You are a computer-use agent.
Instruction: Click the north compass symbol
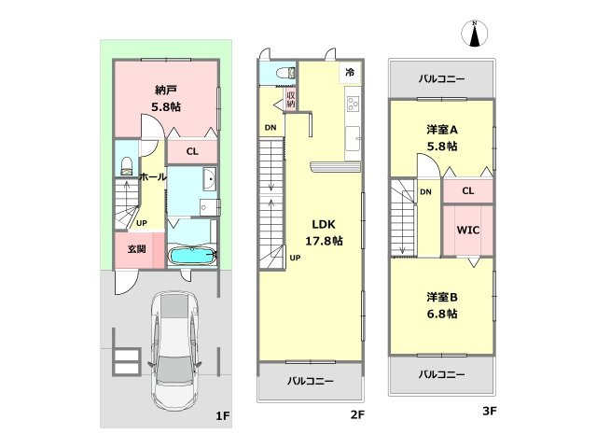[475, 34]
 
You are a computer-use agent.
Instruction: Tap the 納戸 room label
[166, 91]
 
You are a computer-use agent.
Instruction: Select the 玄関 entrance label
[137, 249]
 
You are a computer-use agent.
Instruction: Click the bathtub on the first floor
[192, 256]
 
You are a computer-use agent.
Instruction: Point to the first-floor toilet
[127, 166]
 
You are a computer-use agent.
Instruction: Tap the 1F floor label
[223, 415]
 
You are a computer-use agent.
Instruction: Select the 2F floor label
[357, 414]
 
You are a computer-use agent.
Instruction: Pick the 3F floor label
[489, 411]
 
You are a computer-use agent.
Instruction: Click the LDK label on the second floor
[324, 224]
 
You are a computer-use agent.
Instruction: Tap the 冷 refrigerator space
[350, 72]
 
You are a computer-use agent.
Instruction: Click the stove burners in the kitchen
[353, 104]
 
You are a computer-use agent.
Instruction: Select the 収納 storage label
[290, 99]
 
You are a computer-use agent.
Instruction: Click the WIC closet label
[468, 231]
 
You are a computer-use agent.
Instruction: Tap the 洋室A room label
[442, 130]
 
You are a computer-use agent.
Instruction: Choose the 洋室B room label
[442, 297]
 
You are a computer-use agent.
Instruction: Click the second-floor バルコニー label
[311, 381]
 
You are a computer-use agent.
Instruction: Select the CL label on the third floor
[468, 190]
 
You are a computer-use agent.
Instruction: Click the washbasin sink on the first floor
[209, 179]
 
